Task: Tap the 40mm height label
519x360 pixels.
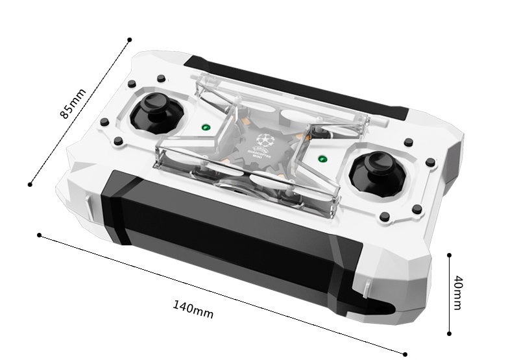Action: click(x=457, y=293)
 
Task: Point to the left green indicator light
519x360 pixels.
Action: click(x=205, y=127)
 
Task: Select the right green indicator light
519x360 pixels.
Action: click(x=322, y=158)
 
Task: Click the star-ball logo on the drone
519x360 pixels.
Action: click(x=263, y=138)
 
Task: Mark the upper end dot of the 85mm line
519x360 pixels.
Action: click(x=130, y=40)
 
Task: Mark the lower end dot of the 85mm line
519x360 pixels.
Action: click(x=30, y=184)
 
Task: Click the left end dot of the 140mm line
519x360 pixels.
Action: click(x=40, y=234)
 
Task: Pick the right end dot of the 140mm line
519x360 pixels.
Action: click(x=405, y=354)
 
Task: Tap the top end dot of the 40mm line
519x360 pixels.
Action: click(x=449, y=255)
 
